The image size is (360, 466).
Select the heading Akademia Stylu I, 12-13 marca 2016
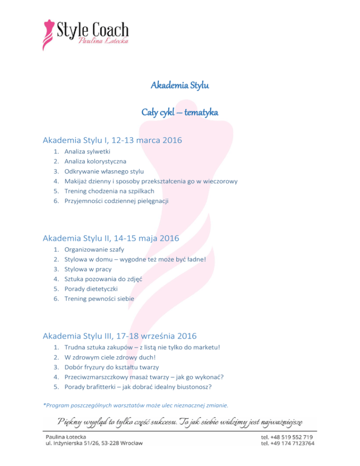(x=112, y=140)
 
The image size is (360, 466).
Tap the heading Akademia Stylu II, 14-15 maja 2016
(x=111, y=239)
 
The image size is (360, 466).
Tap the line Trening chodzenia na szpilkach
(x=109, y=191)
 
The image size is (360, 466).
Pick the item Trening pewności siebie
(x=99, y=299)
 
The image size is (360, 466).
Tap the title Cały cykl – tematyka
(x=180, y=113)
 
